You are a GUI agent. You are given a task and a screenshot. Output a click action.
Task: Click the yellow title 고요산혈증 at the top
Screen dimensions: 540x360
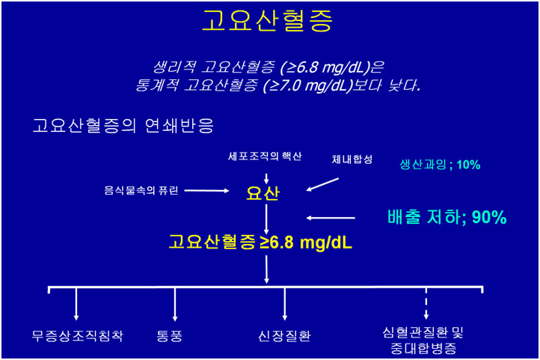[x=267, y=20]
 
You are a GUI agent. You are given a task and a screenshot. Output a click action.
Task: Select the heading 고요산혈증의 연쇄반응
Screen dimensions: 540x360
[x=123, y=126]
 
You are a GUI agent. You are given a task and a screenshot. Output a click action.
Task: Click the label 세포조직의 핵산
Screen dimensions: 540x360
[x=265, y=156]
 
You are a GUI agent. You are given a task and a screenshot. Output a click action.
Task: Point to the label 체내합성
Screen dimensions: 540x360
[x=352, y=159]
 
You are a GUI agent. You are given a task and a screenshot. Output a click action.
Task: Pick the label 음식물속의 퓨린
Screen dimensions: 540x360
[x=141, y=190]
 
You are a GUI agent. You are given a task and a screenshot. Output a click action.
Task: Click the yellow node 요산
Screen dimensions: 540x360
[x=263, y=193]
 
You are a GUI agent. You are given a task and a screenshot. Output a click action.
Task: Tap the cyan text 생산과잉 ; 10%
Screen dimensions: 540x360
[x=440, y=165]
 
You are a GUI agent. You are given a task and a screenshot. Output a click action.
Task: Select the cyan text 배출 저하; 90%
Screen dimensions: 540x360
[x=447, y=217]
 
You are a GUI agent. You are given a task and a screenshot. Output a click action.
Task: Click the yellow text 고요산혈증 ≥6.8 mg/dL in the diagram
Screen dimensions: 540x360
[x=260, y=242]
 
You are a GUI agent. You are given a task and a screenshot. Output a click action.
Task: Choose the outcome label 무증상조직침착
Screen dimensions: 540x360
[x=77, y=335]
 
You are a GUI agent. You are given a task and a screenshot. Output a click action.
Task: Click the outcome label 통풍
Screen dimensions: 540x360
[x=169, y=335]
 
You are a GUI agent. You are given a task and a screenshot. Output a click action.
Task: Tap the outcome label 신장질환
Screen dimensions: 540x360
[x=284, y=335]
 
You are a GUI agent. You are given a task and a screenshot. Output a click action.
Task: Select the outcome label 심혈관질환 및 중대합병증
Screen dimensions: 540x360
[x=423, y=341]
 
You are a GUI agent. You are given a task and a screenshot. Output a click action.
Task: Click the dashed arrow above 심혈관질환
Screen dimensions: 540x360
[x=426, y=303]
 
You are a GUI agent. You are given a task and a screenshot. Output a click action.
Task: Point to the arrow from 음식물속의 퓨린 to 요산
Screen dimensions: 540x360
[x=206, y=191]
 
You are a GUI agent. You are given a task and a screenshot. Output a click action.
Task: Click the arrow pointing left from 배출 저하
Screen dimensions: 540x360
[x=331, y=218]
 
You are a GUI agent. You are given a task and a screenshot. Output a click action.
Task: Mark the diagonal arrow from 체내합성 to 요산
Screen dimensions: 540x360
[x=322, y=184]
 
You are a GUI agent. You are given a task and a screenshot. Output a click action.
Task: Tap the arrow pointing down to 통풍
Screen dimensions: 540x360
[x=175, y=304]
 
